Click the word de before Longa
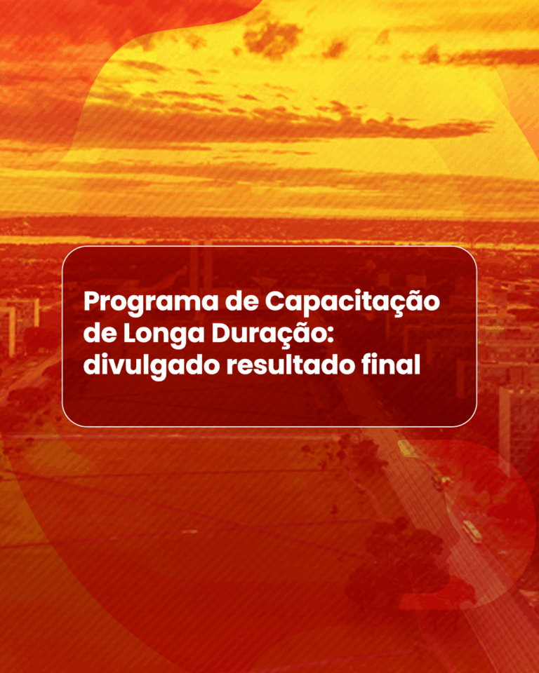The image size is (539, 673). click(100, 334)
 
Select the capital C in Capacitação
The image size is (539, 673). click(274, 302)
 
